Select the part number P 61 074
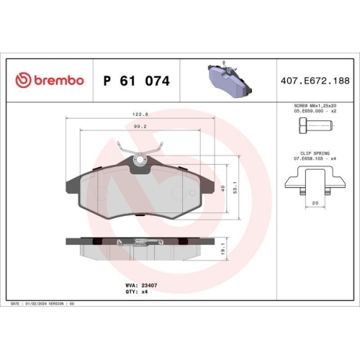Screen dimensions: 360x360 pos(137,81)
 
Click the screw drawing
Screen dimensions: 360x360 pos(312,128)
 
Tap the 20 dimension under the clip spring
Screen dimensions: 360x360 pos(314,203)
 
